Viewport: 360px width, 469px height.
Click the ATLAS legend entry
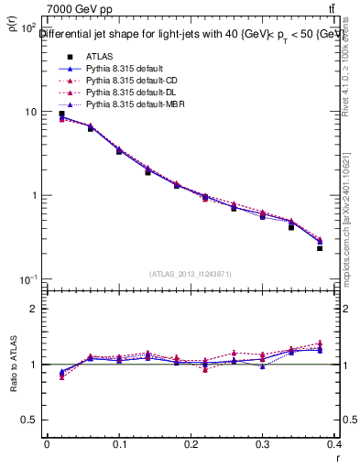point(99,56)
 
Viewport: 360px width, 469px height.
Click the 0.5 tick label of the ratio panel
point(32,420)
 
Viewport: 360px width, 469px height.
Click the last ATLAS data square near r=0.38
point(320,248)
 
